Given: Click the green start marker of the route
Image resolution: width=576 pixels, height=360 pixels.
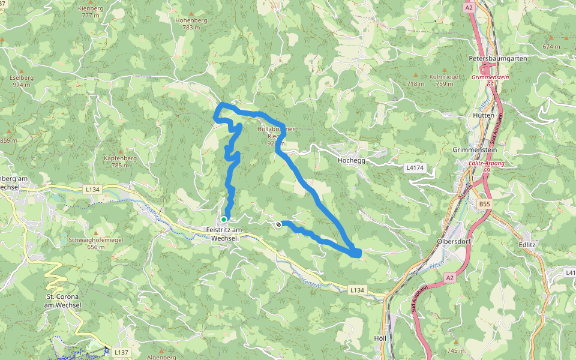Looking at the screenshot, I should point(224,219).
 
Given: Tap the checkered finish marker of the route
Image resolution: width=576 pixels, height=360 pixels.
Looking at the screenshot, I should point(278,224).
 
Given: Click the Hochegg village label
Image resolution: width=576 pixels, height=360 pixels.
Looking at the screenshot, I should point(352,160).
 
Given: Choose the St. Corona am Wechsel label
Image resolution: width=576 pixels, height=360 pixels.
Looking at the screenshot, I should point(63,301).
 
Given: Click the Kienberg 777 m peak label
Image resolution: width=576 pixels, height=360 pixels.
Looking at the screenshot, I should point(91,12).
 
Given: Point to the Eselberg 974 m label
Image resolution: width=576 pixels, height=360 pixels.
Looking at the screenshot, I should point(21,81).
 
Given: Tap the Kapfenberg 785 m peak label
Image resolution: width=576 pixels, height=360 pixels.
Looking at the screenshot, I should point(120,161).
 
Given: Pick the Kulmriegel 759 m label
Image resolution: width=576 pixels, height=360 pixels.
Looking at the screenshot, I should point(445,80).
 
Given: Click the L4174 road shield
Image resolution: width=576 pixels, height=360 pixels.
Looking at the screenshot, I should point(419,168).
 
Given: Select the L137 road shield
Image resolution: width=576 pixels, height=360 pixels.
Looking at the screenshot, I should point(121,352).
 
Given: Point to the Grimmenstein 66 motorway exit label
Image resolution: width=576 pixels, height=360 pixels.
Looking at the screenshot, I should point(490,81).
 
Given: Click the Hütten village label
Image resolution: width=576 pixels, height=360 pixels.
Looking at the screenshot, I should point(483,115).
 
